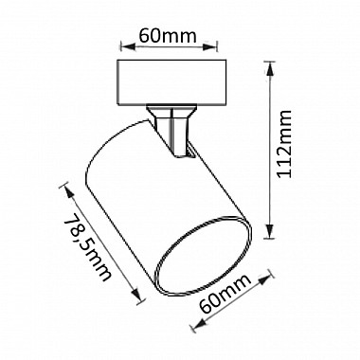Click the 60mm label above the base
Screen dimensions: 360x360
tap(168, 36)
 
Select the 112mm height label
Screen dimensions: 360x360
tap(283, 144)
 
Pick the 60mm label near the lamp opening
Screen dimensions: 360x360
tap(225, 293)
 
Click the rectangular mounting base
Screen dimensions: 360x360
tap(171, 82)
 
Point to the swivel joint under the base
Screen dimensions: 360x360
tap(171, 130)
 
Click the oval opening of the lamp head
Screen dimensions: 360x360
tap(204, 257)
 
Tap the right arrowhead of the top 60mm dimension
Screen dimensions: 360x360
tap(209, 47)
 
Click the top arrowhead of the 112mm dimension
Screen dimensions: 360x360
tap(269, 68)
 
